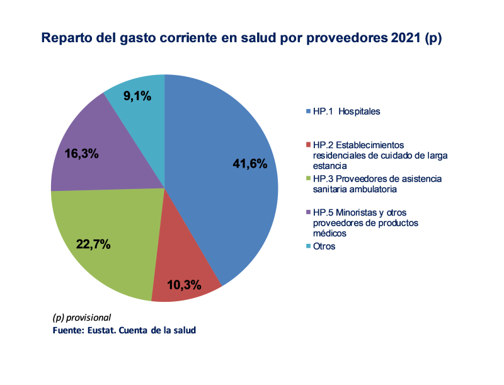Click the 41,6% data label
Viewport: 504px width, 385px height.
[250, 164]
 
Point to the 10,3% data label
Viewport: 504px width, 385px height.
[185, 285]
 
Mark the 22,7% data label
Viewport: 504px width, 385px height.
[93, 244]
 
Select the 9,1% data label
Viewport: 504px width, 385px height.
[137, 96]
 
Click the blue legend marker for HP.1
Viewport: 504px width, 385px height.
[307, 112]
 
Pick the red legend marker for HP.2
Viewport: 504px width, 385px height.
[307, 145]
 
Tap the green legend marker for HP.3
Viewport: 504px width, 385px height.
[307, 179]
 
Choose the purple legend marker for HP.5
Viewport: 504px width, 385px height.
[307, 213]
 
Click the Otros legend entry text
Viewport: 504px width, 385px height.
[324, 246]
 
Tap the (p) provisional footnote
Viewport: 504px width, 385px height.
[81, 317]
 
